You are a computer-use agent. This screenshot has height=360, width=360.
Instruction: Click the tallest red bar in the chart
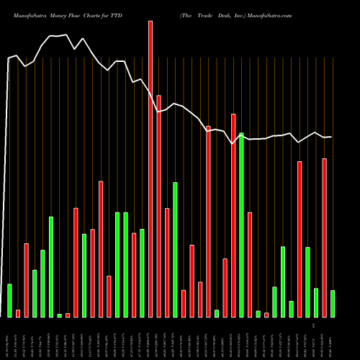pos(150,169)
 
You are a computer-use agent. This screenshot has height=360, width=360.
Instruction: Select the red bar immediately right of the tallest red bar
pos(158,206)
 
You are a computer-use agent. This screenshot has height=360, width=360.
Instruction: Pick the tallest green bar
pos(241,225)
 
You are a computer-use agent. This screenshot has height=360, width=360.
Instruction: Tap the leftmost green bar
pos(9,300)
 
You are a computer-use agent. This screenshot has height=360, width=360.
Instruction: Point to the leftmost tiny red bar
pos(18,313)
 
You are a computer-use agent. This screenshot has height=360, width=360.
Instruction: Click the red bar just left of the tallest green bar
pos(233,215)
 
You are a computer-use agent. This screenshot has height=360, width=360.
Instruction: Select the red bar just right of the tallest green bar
pos(250,264)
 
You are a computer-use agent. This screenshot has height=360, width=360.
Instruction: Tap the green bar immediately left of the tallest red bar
pos(142,273)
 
